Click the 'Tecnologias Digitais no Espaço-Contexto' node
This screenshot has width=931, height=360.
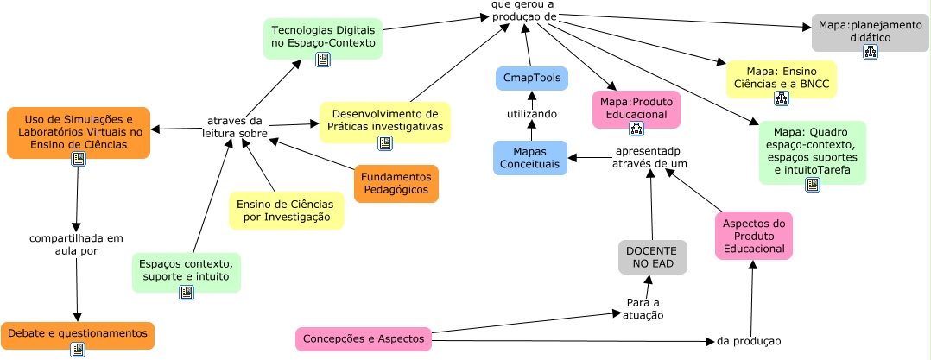pyautogui.click(x=322, y=36)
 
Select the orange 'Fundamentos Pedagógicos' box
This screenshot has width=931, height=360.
pyautogui.click(x=396, y=183)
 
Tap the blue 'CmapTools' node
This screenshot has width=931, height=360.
pyautogui.click(x=531, y=79)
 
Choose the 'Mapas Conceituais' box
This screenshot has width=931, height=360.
pyautogui.click(x=529, y=158)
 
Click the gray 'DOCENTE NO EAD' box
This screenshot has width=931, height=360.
pyautogui.click(x=652, y=257)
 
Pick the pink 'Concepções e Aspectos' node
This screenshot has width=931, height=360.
pyautogui.click(x=363, y=339)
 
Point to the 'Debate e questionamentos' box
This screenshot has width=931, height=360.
pyautogui.click(x=77, y=333)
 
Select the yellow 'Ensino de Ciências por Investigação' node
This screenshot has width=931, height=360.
pyautogui.click(x=287, y=211)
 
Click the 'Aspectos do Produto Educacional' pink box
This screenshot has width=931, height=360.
pyautogui.click(x=753, y=236)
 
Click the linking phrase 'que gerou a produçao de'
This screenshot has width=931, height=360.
pyautogui.click(x=523, y=10)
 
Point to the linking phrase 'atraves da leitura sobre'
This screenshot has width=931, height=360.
pyautogui.click(x=234, y=127)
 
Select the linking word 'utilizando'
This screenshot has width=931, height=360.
pyautogui.click(x=531, y=114)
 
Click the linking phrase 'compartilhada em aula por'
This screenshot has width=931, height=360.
pyautogui.click(x=76, y=244)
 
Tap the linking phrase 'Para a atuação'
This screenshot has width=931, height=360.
pyautogui.click(x=643, y=309)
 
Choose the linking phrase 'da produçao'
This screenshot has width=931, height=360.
pyautogui.click(x=748, y=341)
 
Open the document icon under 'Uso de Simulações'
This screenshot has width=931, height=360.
pyautogui.click(x=78, y=159)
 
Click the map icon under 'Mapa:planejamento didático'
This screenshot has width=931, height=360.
pyautogui.click(x=870, y=53)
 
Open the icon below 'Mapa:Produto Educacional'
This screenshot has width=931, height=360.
pyautogui.click(x=636, y=129)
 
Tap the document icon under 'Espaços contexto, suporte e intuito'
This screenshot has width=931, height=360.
pyautogui.click(x=186, y=293)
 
